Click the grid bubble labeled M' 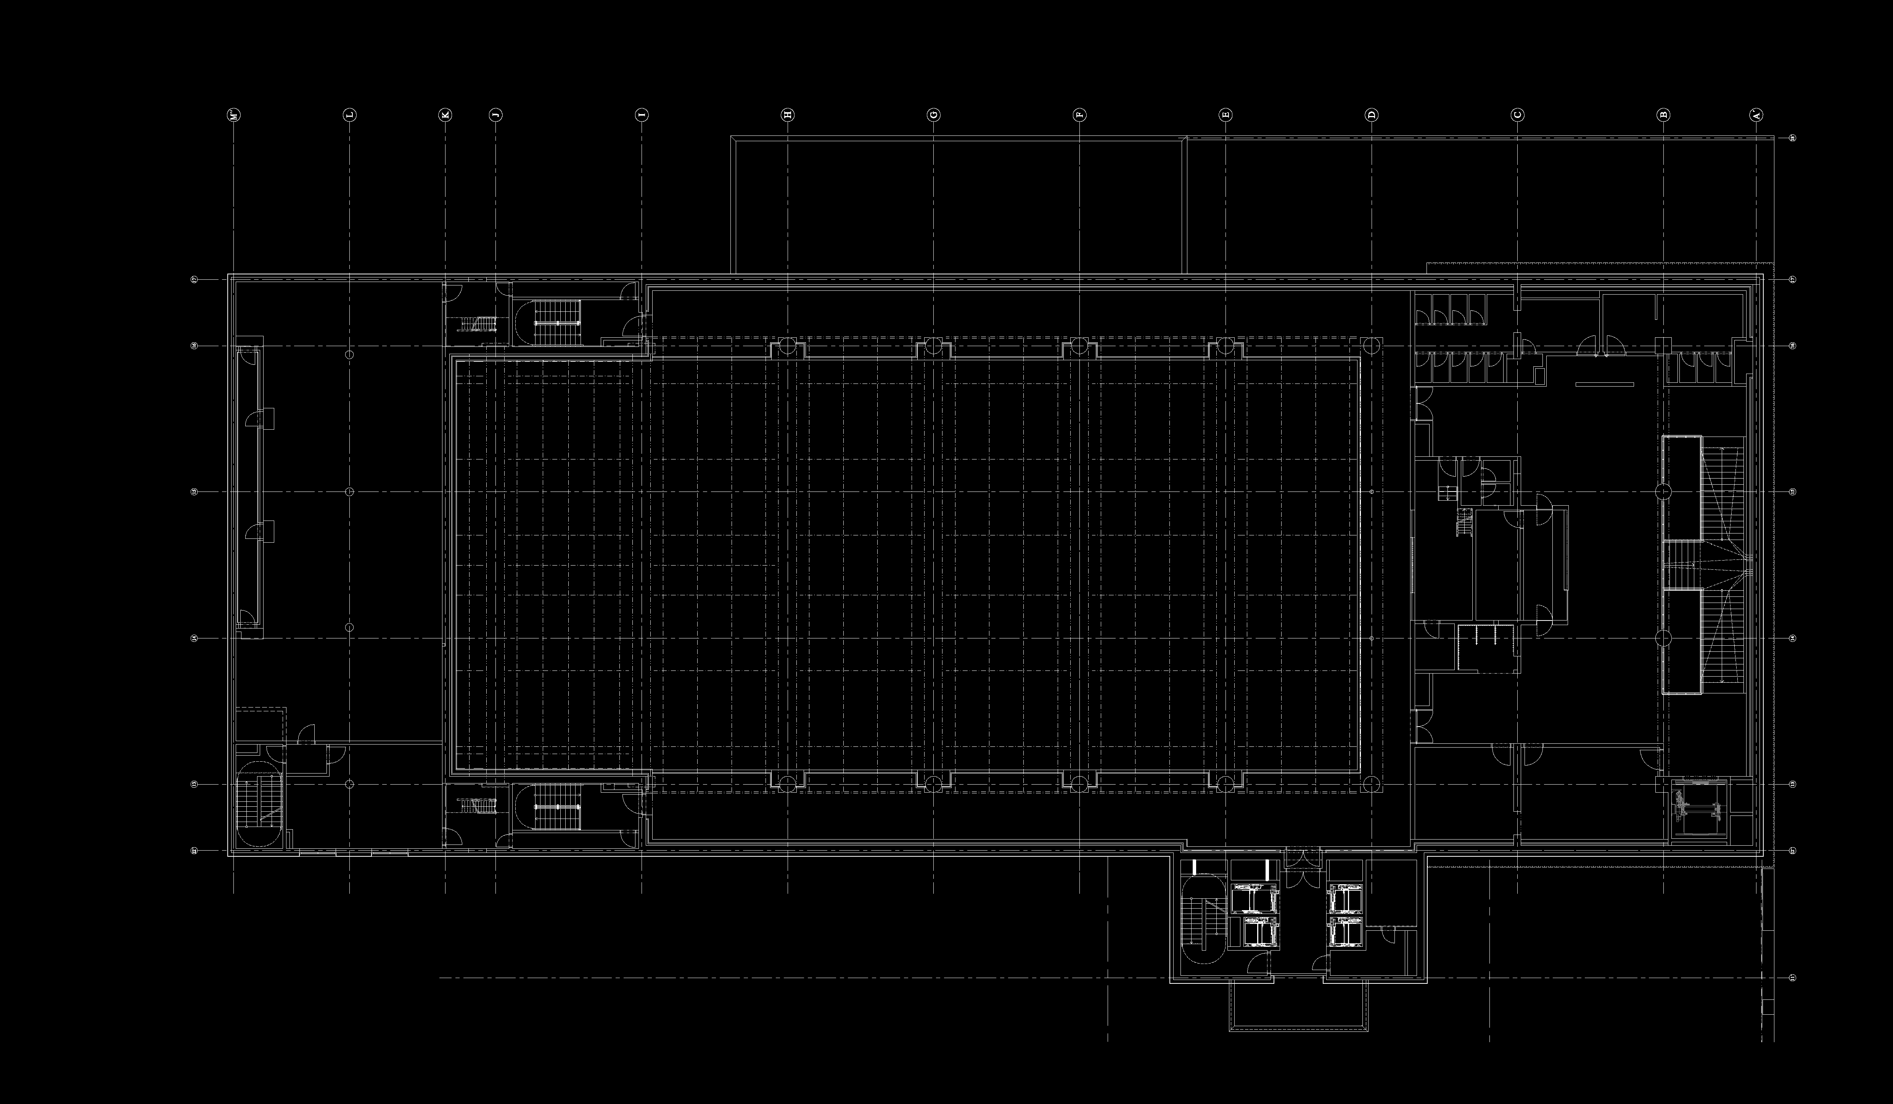pyautogui.click(x=233, y=115)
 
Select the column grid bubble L pyautogui.click(x=349, y=115)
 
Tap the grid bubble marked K pyautogui.click(x=445, y=115)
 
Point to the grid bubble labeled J pyautogui.click(x=495, y=115)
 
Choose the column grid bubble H pyautogui.click(x=787, y=115)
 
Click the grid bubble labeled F pyautogui.click(x=1079, y=115)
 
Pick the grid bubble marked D pyautogui.click(x=1372, y=115)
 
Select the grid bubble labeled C pyautogui.click(x=1517, y=115)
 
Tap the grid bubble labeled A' pyautogui.click(x=1756, y=115)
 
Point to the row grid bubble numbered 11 pyautogui.click(x=1792, y=978)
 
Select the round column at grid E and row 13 pyautogui.click(x=1225, y=784)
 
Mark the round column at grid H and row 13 pyautogui.click(x=787, y=784)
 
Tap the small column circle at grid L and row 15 pyautogui.click(x=349, y=492)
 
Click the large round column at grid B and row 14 pyautogui.click(x=1663, y=638)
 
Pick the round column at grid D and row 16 pyautogui.click(x=1372, y=346)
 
